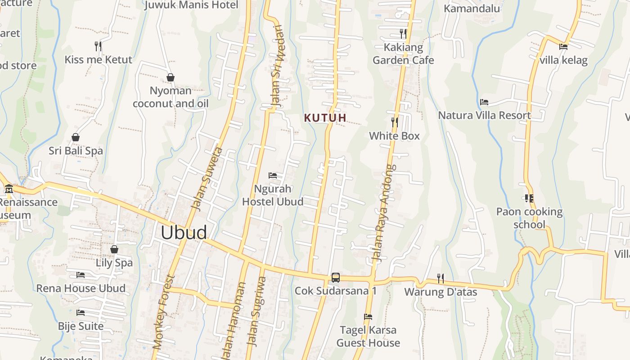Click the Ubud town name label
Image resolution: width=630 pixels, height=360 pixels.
pyautogui.click(x=184, y=233)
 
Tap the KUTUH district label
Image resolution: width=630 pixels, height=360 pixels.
pyautogui.click(x=325, y=118)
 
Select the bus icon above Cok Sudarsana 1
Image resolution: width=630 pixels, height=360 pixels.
pyautogui.click(x=336, y=277)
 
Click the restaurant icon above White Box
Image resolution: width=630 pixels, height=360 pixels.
pyautogui.click(x=395, y=122)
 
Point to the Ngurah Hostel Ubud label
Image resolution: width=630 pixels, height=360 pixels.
pyautogui.click(x=273, y=195)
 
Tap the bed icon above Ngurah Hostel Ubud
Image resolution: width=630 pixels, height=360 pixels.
pyautogui.click(x=273, y=175)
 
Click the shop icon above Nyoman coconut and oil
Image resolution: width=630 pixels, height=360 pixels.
pyautogui.click(x=171, y=77)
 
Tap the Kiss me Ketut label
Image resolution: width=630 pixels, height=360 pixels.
pyautogui.click(x=98, y=60)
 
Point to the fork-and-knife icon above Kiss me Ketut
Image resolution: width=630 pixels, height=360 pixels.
pyautogui.click(x=98, y=46)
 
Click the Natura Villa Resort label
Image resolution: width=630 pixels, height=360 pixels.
pyautogui.click(x=484, y=116)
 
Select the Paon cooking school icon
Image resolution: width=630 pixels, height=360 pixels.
pyautogui.click(x=529, y=198)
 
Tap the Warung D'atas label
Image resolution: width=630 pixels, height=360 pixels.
pyautogui.click(x=441, y=292)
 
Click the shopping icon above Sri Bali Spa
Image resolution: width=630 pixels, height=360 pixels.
pyautogui.click(x=76, y=137)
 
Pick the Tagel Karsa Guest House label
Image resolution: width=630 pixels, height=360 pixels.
pyautogui.click(x=368, y=336)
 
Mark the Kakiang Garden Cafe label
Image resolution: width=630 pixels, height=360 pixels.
pyautogui.click(x=403, y=54)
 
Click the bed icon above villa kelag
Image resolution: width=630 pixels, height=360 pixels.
pyautogui.click(x=563, y=46)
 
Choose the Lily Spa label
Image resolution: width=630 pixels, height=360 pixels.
pyautogui.click(x=114, y=263)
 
